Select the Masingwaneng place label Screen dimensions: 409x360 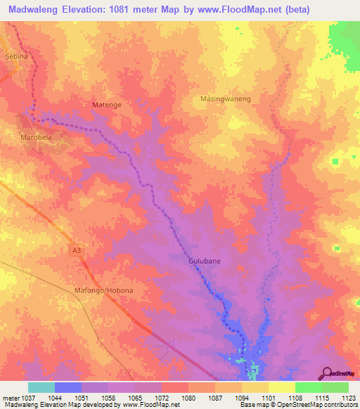[x=226, y=99]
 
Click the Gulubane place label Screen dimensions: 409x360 [x=205, y=261]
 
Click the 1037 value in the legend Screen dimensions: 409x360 [x=27, y=397]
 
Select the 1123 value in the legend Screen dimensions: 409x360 [x=349, y=397]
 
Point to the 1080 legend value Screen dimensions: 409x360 [x=188, y=397]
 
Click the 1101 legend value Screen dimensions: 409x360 [x=268, y=397]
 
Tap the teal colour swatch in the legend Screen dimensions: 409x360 [x=41, y=387]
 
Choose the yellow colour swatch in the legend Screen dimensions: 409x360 [x=281, y=387]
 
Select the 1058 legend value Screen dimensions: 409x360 [x=108, y=397]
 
